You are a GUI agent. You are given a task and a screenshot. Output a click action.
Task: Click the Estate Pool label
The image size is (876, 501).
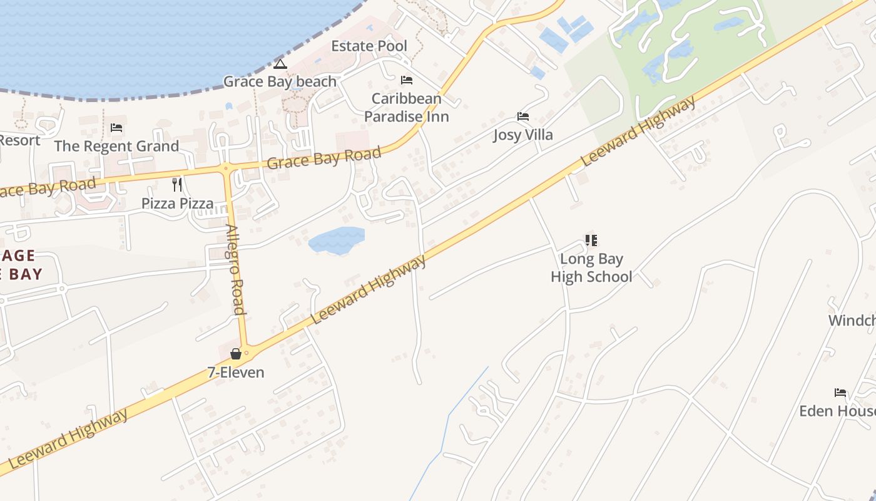pyautogui.click(x=369, y=46)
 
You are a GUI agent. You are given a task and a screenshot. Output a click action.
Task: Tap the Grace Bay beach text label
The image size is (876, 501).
pyautogui.click(x=280, y=81)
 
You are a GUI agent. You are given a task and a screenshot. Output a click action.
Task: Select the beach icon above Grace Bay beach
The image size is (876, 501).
pyautogui.click(x=280, y=64)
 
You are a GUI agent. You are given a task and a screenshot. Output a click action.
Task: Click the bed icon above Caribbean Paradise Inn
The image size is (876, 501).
pyautogui.click(x=407, y=80)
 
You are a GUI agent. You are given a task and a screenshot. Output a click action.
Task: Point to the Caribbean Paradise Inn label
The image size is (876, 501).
pyautogui.click(x=407, y=107)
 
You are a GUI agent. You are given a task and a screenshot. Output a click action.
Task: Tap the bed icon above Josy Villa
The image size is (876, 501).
pyautogui.click(x=523, y=116)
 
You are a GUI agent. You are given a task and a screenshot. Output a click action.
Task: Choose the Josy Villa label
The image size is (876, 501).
pyautogui.click(x=523, y=135)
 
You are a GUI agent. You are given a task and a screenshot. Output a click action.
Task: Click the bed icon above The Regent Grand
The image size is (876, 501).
pyautogui.click(x=116, y=128)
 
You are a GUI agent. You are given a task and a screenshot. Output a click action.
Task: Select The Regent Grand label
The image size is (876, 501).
pyautogui.click(x=116, y=146)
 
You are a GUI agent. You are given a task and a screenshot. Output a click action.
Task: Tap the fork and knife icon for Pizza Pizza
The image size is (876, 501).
pyautogui.click(x=177, y=184)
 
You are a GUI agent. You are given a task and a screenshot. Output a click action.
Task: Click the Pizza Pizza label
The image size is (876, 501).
pyautogui.click(x=177, y=203)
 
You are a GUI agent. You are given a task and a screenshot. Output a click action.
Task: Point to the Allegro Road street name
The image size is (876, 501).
pyautogui.click(x=235, y=269)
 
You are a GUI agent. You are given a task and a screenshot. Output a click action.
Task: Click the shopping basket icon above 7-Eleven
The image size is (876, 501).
pyautogui.click(x=236, y=354)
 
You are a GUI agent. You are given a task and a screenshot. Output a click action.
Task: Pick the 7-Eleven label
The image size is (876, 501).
pyautogui.click(x=236, y=372)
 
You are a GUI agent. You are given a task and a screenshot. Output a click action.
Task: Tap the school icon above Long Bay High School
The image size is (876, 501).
pyautogui.click(x=591, y=240)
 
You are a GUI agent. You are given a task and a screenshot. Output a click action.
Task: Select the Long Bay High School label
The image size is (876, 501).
pyautogui.click(x=591, y=267)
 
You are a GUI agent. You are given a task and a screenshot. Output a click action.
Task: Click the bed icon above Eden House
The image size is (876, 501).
pyautogui.click(x=840, y=393)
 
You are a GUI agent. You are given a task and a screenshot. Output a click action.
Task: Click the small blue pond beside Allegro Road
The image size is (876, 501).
pyautogui.click(x=337, y=241)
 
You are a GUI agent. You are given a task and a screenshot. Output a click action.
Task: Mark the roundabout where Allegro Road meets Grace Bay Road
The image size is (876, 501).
pyautogui.click(x=225, y=168)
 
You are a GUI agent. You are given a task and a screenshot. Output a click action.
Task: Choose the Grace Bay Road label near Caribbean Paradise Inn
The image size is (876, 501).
pyautogui.click(x=323, y=158)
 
